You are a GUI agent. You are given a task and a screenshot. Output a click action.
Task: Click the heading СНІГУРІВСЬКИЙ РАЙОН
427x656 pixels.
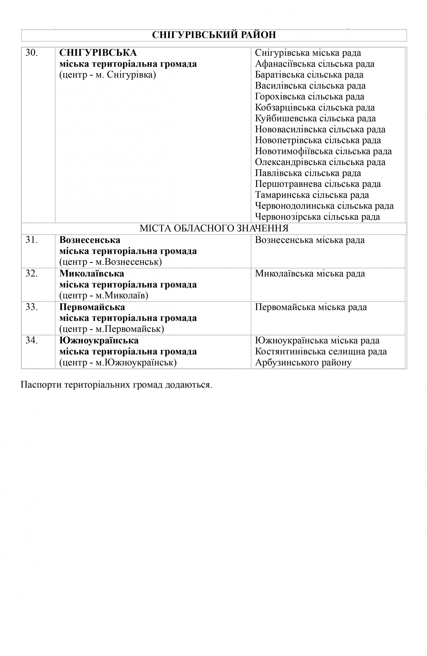tap(214, 35)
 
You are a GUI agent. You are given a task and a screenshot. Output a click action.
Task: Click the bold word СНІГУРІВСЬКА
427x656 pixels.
tap(98, 53)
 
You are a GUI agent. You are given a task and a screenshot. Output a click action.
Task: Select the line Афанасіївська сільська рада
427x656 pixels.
tap(315, 64)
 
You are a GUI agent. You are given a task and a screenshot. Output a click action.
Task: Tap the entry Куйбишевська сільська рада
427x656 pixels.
tap(315, 118)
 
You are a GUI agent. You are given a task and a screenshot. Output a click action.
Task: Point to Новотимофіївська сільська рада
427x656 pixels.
tap(323, 151)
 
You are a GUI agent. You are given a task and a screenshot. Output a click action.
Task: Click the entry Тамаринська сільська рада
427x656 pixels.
tap(312, 195)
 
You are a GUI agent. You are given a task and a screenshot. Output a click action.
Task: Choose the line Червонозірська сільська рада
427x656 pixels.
tap(317, 217)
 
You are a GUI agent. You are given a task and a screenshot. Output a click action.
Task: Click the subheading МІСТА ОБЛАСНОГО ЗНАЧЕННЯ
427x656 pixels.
tap(214, 228)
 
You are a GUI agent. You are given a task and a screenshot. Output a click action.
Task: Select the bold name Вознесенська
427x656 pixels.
tap(90, 240)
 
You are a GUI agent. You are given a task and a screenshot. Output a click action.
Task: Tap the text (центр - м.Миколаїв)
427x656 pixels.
tap(104, 296)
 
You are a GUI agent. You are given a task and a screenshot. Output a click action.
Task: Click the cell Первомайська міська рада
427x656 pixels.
tap(311, 307)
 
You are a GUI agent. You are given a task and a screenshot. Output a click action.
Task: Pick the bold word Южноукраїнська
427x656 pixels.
tap(99, 341)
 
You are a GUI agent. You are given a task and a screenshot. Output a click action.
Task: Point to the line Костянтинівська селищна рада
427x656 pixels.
tap(321, 352)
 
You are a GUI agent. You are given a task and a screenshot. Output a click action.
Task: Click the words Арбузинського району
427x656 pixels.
tap(303, 363)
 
